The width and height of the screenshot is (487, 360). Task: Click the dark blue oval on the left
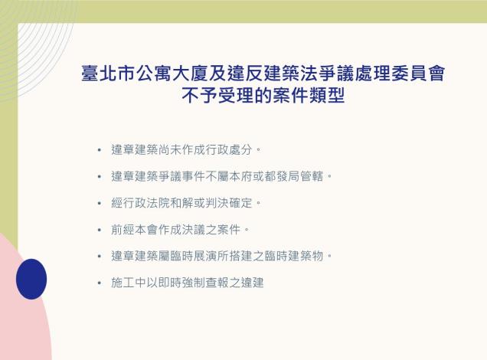click(31, 279)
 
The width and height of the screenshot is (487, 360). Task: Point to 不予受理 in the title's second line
click(217, 97)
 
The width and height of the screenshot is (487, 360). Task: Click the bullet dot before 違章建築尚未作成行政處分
click(99, 149)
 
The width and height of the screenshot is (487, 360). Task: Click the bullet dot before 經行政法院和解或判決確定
click(99, 203)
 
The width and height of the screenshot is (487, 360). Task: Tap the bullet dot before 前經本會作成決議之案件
click(99, 230)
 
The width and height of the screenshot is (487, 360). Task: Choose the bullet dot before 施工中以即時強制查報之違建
click(99, 283)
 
